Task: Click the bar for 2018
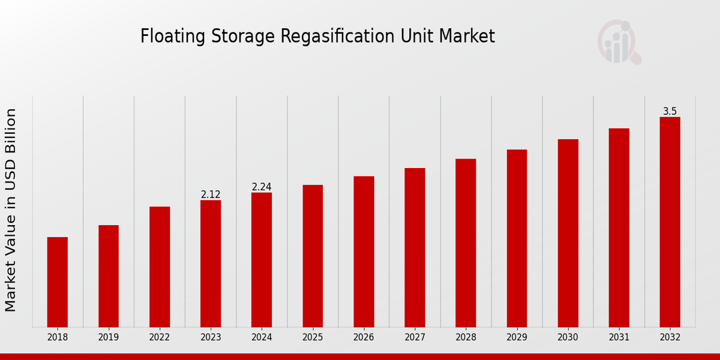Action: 58,282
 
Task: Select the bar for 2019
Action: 109,276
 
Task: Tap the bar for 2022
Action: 160,267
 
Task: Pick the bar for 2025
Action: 313,256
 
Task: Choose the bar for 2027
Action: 415,248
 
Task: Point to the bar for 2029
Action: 517,238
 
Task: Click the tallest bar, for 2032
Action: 670,222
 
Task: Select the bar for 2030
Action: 568,233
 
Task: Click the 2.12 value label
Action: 211,194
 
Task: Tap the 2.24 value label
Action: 262,187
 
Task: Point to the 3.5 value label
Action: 670,112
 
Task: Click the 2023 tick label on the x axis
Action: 211,338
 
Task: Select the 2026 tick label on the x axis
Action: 364,338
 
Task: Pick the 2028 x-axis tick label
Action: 466,338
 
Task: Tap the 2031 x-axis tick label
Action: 619,338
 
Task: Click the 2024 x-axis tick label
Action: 262,338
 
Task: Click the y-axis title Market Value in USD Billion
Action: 11,210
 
